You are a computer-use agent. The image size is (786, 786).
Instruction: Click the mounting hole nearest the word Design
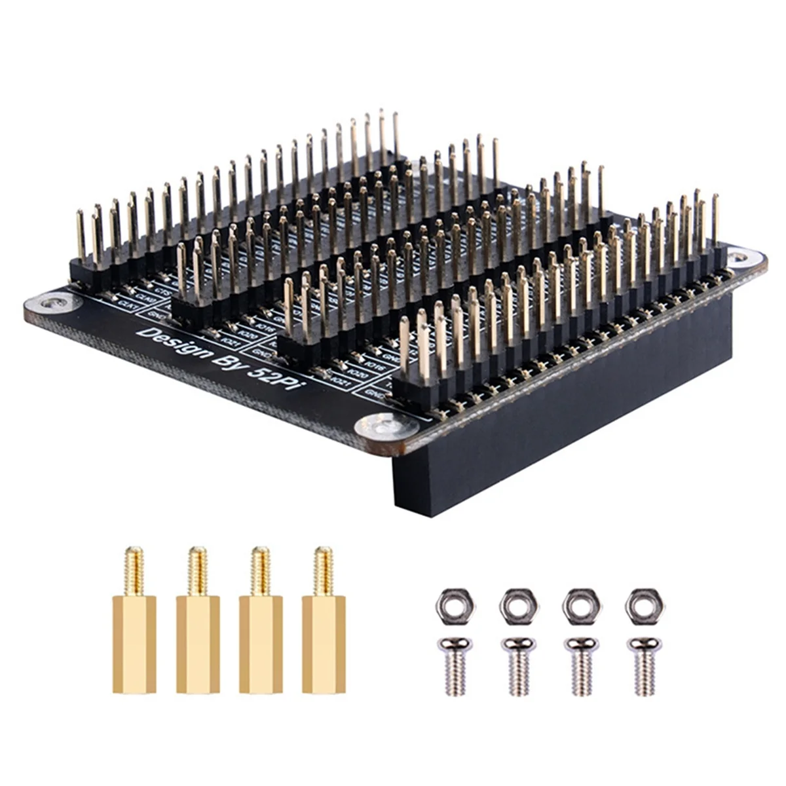point(54,303)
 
